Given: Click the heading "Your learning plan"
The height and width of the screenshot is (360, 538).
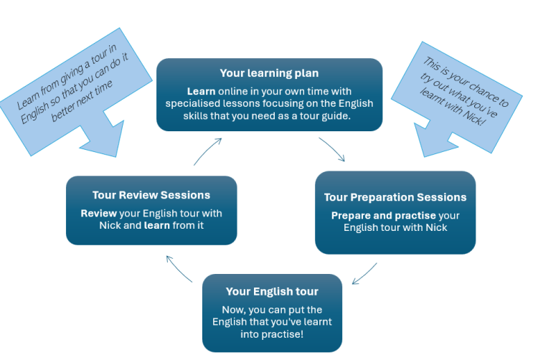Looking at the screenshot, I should [x=269, y=73].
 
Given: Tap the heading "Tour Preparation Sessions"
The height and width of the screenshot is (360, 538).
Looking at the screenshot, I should [x=395, y=197].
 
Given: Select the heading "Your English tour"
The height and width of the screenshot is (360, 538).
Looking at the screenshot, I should [x=272, y=291].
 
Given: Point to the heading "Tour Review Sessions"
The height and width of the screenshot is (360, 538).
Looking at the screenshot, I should [x=151, y=195].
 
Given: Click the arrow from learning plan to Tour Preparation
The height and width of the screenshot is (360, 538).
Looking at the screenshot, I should [x=332, y=149].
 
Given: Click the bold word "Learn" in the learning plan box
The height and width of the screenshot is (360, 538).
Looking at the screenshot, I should [x=202, y=92].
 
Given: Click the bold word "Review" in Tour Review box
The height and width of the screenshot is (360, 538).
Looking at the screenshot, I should [x=98, y=214].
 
